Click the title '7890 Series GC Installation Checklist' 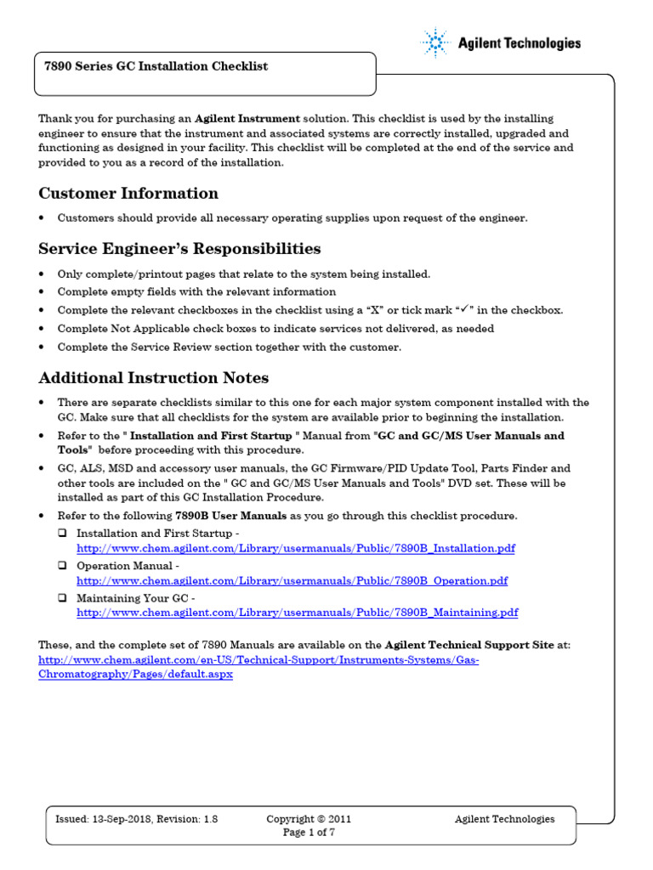coord(156,66)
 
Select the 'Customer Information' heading coord(128,193)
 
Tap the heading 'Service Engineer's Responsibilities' coord(179,249)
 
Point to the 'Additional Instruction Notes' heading coord(154,378)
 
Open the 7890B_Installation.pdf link coord(295,549)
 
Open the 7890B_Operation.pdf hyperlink coord(292,581)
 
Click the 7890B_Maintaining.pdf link coord(297,613)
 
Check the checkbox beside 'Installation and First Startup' coord(63,534)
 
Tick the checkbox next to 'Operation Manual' coord(63,566)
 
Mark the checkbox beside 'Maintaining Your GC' coord(63,597)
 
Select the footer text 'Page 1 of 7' coord(309,833)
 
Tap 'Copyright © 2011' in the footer coord(309,819)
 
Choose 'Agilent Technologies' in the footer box coord(504,819)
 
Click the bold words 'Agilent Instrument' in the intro coord(247,119)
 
